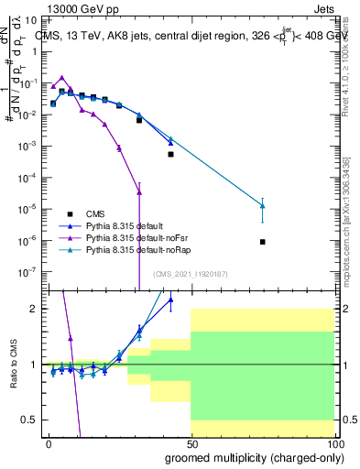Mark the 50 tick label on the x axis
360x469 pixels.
[191, 443]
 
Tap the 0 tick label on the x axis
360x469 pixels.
[49, 443]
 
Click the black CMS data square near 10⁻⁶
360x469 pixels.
[263, 242]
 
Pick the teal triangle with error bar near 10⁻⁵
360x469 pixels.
[263, 206]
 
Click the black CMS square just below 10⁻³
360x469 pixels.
[170, 154]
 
